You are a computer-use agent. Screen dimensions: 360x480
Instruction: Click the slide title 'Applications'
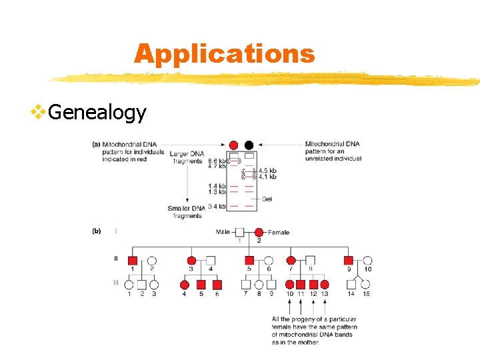pos(224,53)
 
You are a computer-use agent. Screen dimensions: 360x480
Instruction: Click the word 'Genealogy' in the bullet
pos(97,112)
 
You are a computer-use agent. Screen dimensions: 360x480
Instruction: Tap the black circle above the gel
pos(249,145)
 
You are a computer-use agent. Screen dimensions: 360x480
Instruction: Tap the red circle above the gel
pos(233,145)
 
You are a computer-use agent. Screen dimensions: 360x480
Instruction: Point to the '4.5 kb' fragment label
pos(267,171)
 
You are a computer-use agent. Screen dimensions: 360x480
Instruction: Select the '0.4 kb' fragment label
pos(217,206)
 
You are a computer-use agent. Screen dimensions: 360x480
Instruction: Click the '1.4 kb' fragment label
pos(217,186)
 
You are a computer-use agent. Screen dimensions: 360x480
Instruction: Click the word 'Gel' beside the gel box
pos(267,199)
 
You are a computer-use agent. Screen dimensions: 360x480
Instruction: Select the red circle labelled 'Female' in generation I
pos(259,232)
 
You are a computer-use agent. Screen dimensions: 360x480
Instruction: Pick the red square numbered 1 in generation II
pos(132,261)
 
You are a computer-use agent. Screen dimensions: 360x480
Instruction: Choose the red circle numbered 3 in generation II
pos(191,261)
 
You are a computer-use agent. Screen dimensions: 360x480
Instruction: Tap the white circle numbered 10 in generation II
pos(367,261)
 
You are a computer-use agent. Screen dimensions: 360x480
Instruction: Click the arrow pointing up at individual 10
pos(290,305)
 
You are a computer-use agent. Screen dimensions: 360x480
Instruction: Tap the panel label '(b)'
pos(97,231)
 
